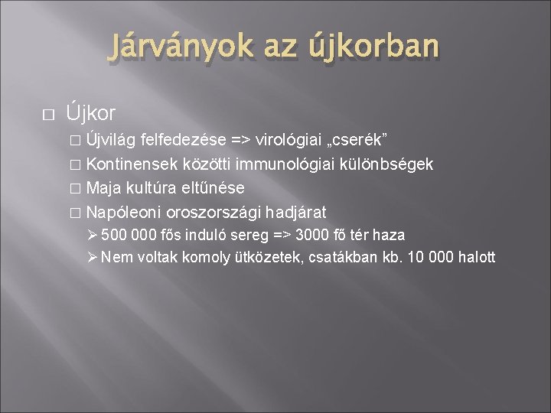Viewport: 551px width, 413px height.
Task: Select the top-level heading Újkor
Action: [90, 114]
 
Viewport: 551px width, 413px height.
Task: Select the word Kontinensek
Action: [129, 164]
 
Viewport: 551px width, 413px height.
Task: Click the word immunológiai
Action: [283, 164]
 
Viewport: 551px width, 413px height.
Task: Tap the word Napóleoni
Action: [119, 211]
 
